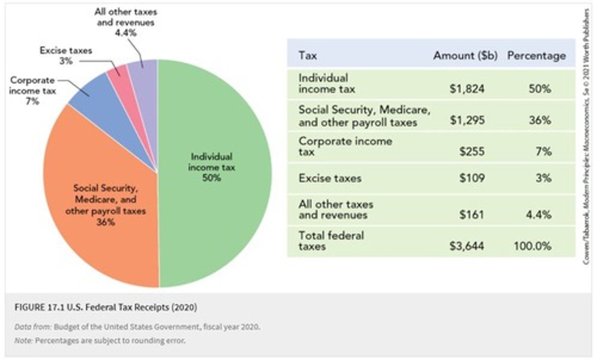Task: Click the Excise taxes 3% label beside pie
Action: pos(66,56)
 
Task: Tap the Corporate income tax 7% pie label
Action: pos(32,90)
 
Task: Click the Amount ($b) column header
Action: pos(465,56)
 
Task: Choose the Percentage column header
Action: pos(536,56)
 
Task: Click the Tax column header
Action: pos(308,56)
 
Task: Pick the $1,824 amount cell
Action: pos(467,89)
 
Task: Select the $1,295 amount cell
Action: pos(467,120)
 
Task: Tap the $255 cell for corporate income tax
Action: pos(472,151)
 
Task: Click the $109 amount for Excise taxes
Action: pos(472,178)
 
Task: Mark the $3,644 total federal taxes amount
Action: pos(467,246)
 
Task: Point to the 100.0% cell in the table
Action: pos(532,246)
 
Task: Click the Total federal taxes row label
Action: pos(331,241)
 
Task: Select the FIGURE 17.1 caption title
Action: pos(106,307)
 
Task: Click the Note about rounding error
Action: pos(99,341)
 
